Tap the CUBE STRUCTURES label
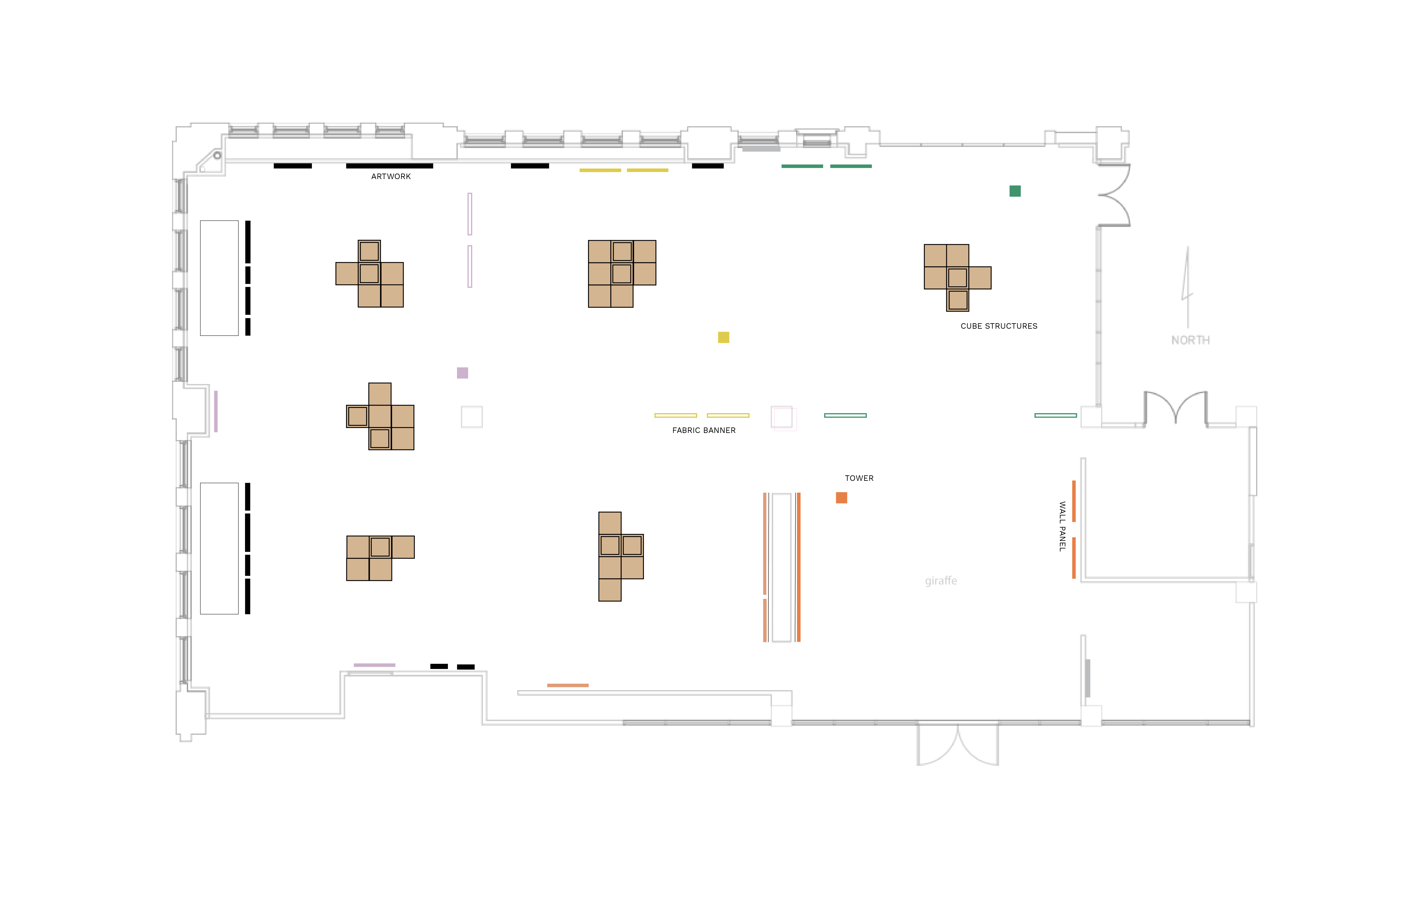(999, 326)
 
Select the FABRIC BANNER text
(704, 430)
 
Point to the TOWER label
(859, 478)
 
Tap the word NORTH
(1190, 340)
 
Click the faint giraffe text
(941, 581)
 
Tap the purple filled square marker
(462, 373)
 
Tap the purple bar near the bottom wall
(375, 665)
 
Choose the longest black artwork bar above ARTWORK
(389, 166)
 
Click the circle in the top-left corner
(217, 156)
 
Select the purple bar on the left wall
(216, 412)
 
